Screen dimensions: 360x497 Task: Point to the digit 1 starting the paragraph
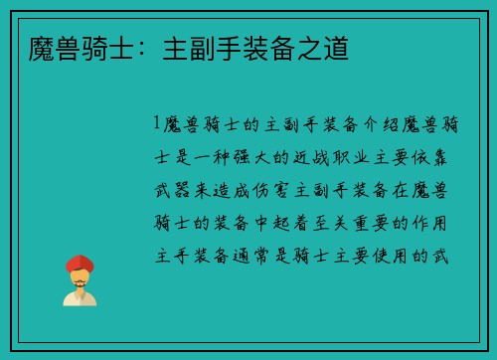pyautogui.click(x=156, y=124)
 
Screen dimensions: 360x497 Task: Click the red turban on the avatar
pyautogui.click(x=81, y=265)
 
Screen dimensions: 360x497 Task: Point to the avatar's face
pyautogui.click(x=81, y=279)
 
